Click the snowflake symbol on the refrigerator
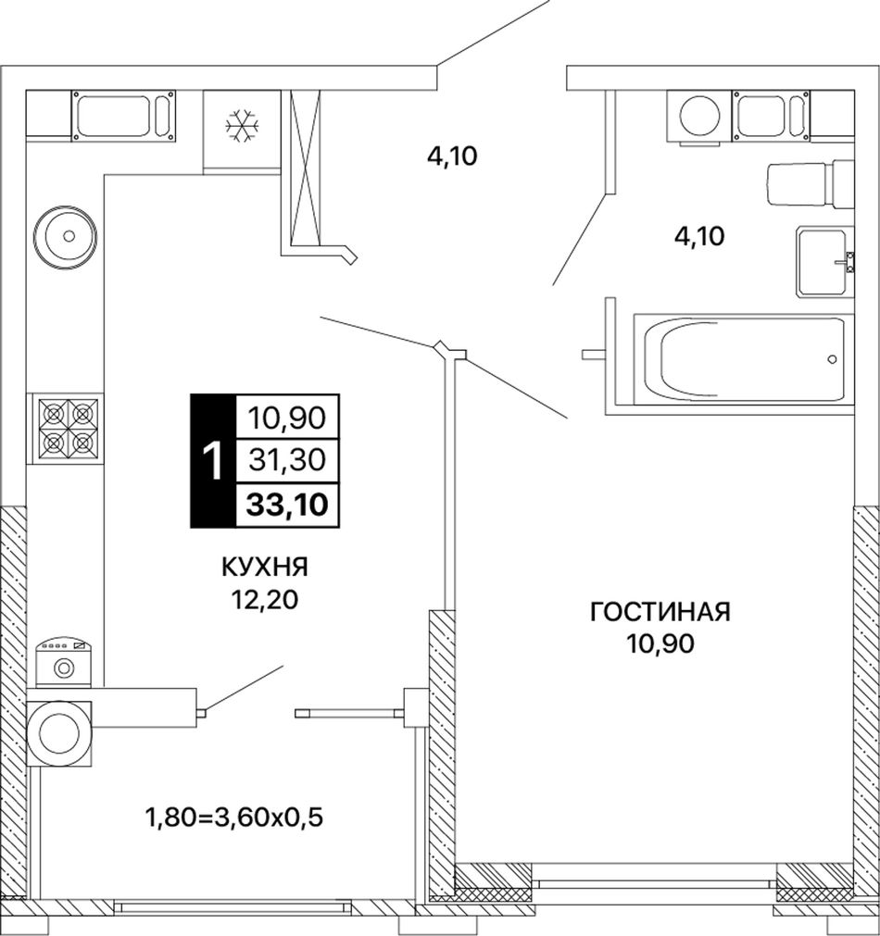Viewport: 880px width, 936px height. (x=243, y=126)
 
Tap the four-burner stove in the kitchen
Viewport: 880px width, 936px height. (x=69, y=429)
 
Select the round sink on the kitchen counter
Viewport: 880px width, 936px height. (x=65, y=236)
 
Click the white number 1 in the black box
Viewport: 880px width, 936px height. (x=213, y=461)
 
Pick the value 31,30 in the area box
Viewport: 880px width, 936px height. (x=287, y=460)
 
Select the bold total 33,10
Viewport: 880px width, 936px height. (x=287, y=505)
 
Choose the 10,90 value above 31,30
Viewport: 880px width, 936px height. (x=287, y=418)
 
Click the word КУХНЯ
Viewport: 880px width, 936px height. (x=265, y=568)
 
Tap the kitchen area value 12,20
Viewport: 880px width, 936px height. (x=266, y=600)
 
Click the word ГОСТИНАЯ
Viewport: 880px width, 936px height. (x=660, y=613)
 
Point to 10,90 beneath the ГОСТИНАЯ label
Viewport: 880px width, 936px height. (x=660, y=644)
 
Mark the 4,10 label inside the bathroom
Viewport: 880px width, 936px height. (x=699, y=237)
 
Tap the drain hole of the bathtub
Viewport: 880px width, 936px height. (x=832, y=359)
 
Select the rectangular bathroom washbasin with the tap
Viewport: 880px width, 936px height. (x=824, y=261)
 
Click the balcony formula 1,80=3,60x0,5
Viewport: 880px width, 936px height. (x=234, y=817)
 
